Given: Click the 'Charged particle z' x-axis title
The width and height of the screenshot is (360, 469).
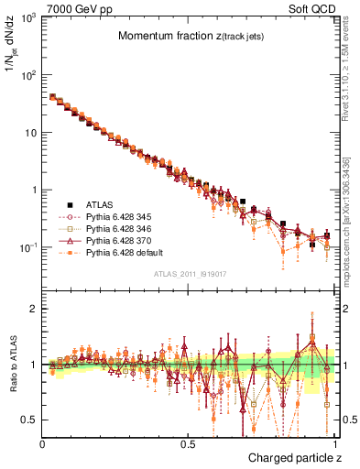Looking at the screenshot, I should point(293,457).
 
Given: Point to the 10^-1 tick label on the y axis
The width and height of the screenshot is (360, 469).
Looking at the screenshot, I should point(27,248).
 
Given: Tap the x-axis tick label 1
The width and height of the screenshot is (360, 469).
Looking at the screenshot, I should point(336,442).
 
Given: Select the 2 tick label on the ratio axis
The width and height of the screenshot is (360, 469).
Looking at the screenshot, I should point(32,310).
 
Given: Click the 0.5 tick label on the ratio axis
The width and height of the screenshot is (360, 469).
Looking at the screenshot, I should point(28,420).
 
